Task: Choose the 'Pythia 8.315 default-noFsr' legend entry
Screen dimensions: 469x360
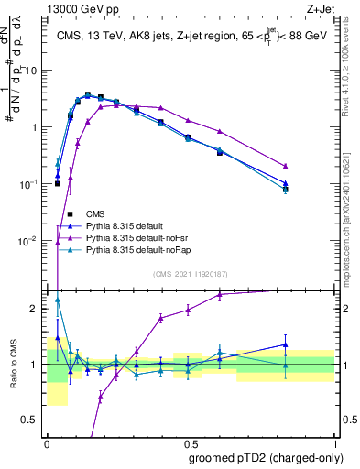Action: tap(146, 237)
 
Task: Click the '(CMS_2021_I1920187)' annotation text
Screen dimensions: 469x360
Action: tap(191, 274)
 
